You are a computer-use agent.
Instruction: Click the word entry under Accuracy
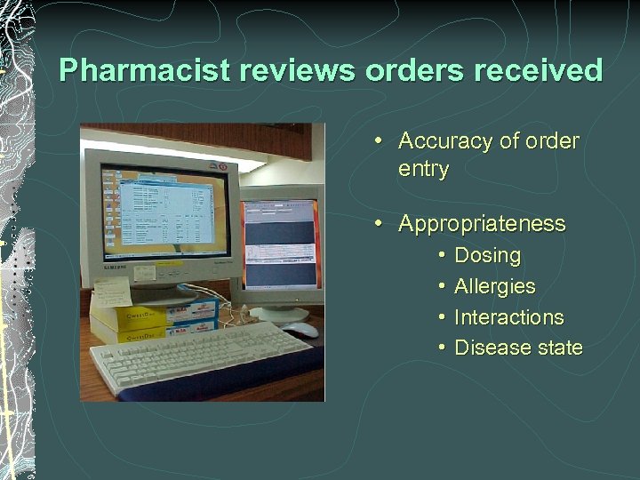click(x=424, y=169)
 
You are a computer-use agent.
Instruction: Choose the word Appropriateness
click(x=482, y=224)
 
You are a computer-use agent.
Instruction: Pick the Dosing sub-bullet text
click(x=487, y=256)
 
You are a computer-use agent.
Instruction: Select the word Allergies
click(x=494, y=286)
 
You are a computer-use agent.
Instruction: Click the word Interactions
click(x=508, y=317)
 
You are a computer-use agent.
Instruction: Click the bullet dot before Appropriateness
click(x=379, y=224)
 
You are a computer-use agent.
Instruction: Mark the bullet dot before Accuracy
click(x=379, y=141)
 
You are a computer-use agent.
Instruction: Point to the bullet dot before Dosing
click(x=442, y=256)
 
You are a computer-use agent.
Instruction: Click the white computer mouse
click(x=300, y=330)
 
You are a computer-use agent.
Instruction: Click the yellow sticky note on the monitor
click(x=111, y=292)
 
